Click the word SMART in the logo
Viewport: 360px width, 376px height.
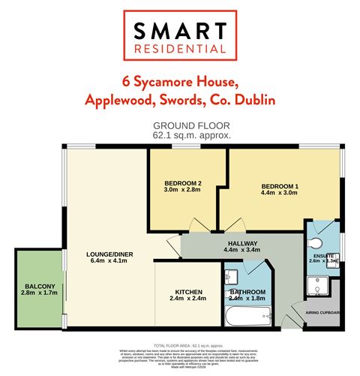(179, 31)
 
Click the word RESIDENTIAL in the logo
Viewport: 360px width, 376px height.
(179, 50)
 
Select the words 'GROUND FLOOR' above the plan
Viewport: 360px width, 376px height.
(179, 126)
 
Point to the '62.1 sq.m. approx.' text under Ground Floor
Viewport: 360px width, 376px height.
(179, 135)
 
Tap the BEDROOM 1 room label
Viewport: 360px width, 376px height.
(280, 185)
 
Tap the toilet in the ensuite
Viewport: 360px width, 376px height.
(315, 242)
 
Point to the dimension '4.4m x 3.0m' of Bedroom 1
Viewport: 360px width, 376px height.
(280, 193)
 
